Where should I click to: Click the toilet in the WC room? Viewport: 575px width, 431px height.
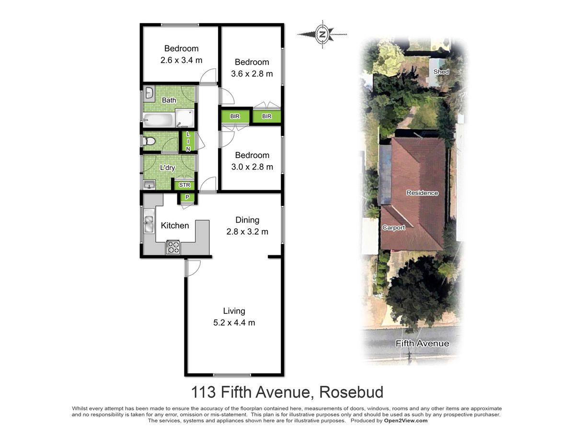click(x=149, y=141)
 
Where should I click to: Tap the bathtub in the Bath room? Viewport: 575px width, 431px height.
click(x=158, y=120)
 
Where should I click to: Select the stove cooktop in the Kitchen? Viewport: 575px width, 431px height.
click(x=173, y=247)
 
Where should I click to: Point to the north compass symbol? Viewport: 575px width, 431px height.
click(x=322, y=34)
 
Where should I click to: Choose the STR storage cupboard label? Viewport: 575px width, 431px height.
click(x=184, y=185)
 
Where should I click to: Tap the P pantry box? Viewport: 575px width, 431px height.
click(x=187, y=197)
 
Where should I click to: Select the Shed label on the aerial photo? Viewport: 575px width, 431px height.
click(x=441, y=71)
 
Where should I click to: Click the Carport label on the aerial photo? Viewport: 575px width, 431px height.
click(x=393, y=227)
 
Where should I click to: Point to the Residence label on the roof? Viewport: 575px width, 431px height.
click(x=422, y=193)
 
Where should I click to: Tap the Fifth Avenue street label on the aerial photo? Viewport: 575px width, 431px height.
click(x=422, y=343)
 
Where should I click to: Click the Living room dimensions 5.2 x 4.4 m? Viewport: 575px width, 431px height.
click(x=234, y=323)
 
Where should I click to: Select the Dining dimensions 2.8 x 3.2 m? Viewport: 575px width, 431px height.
click(x=247, y=232)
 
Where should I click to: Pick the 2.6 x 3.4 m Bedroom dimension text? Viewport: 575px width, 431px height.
click(x=181, y=60)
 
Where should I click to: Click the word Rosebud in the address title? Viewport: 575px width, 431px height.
click(x=351, y=392)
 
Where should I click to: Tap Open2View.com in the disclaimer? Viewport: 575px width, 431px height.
click(x=405, y=420)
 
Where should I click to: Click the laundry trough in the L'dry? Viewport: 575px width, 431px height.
click(x=149, y=185)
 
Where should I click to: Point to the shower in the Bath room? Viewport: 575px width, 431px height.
click(x=185, y=119)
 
